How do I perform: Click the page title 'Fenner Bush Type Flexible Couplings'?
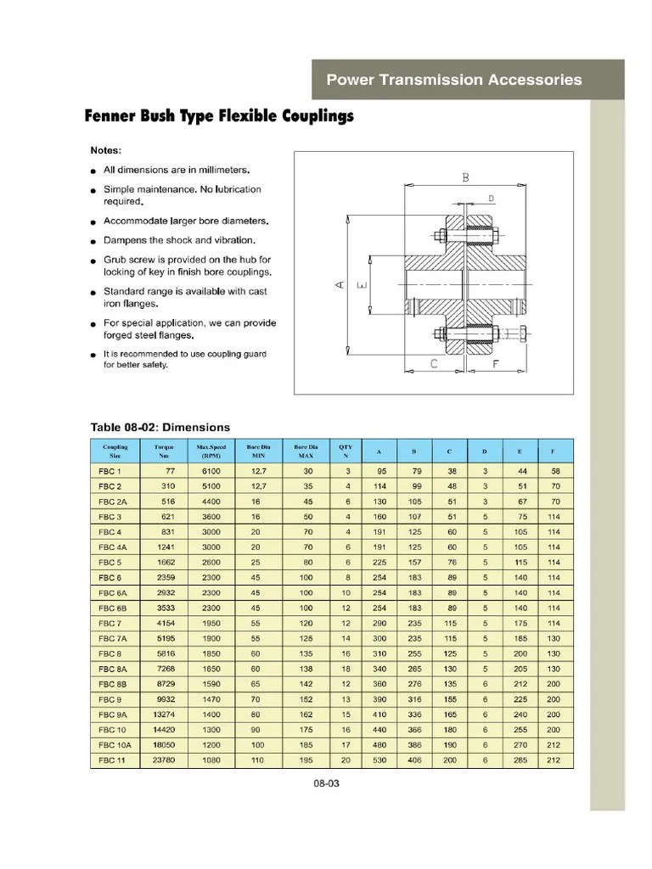point(218,116)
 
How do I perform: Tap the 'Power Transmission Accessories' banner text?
point(454,80)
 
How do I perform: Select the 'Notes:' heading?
point(106,150)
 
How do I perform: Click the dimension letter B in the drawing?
point(465,177)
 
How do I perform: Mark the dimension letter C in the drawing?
point(434,364)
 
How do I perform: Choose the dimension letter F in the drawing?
point(495,364)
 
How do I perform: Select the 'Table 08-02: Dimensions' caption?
point(160,427)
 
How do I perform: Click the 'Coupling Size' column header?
point(115,451)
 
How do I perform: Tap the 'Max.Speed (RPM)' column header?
point(211,451)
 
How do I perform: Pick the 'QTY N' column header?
point(346,451)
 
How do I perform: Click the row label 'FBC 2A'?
point(112,502)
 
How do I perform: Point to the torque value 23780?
point(164,760)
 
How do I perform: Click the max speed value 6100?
point(211,471)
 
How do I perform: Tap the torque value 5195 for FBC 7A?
point(166,638)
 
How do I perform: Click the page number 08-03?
point(327,783)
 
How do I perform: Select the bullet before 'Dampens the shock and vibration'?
point(93,242)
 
